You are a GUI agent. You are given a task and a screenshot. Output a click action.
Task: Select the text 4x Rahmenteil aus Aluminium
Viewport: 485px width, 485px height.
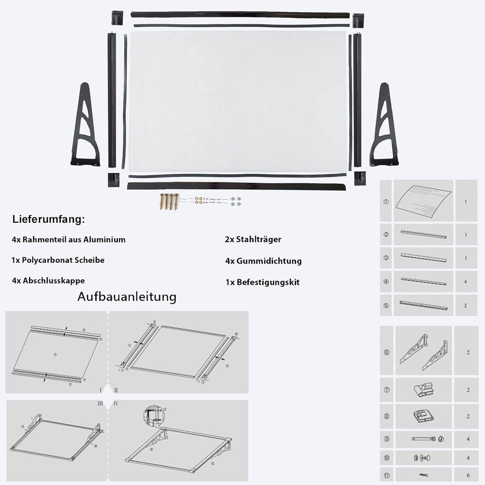pyautogui.click(x=69, y=239)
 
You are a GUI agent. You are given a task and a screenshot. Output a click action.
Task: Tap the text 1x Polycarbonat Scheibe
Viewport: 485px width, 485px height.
pyautogui.click(x=58, y=260)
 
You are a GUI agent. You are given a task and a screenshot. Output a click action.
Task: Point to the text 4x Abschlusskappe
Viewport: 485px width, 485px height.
pyautogui.click(x=48, y=281)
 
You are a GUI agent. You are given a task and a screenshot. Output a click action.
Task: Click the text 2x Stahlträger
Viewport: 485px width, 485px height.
pyautogui.click(x=253, y=239)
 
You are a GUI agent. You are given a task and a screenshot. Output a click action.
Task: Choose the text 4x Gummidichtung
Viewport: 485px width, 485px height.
pyautogui.click(x=264, y=261)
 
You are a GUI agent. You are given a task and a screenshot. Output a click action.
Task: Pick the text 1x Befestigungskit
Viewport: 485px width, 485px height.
pyautogui.click(x=262, y=282)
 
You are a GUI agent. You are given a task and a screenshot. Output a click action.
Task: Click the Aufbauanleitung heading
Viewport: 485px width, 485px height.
pyautogui.click(x=127, y=297)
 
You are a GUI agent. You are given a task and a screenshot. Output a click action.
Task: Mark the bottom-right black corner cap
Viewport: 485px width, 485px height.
pyautogui.click(x=360, y=178)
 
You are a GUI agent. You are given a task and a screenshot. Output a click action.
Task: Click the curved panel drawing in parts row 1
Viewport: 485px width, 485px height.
pyautogui.click(x=424, y=201)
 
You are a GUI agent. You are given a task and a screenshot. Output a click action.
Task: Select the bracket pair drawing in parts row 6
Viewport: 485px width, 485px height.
pyautogui.click(x=424, y=352)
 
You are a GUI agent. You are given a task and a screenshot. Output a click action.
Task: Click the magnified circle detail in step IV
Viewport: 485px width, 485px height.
pyautogui.click(x=153, y=416)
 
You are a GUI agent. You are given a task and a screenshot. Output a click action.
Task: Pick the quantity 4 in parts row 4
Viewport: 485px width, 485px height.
pyautogui.click(x=465, y=282)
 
